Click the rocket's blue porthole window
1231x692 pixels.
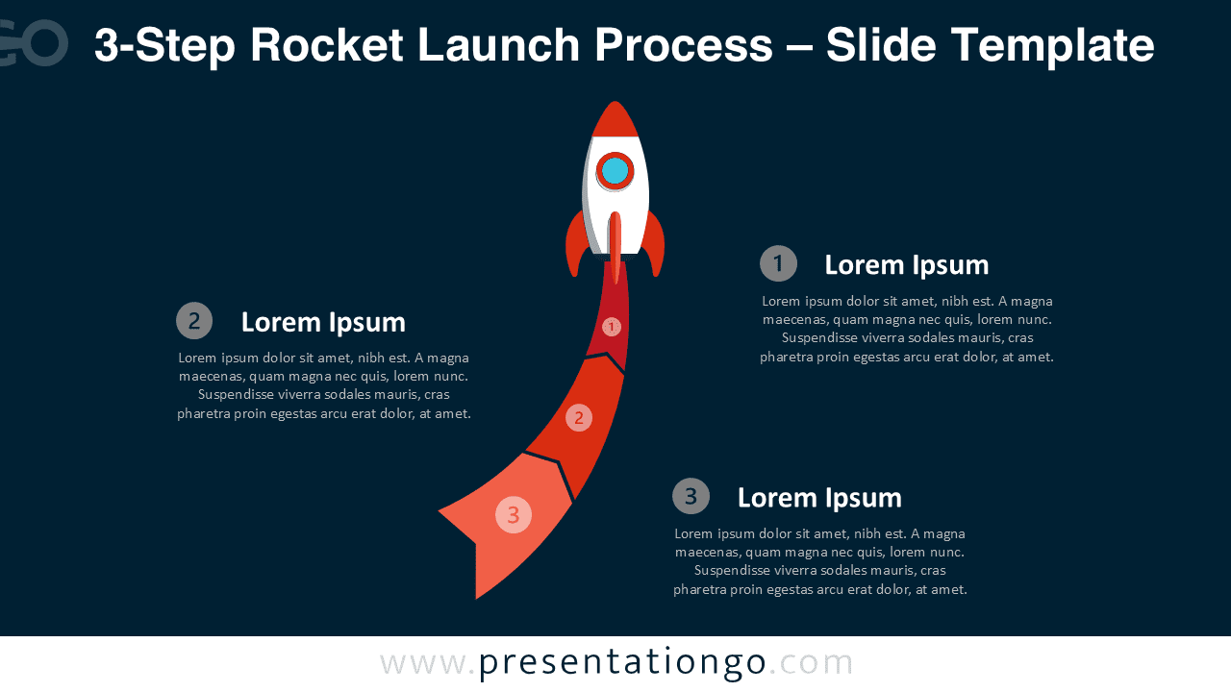615,171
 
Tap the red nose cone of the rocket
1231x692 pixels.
615,119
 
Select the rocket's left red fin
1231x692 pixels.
576,244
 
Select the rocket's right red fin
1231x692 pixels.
654,244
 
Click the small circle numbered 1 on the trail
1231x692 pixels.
611,327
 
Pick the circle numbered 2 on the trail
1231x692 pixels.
579,418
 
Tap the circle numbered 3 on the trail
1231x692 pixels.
514,514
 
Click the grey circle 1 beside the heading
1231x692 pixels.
778,263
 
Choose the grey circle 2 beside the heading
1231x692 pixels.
194,321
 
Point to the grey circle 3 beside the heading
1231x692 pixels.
691,496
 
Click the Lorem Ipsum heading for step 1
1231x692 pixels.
907,265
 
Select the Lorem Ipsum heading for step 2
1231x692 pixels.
323,322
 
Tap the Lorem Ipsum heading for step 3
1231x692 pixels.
819,498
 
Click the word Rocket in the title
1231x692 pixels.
327,45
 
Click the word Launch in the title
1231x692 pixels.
498,45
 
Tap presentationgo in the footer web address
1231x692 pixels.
622,663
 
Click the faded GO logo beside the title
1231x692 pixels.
33,43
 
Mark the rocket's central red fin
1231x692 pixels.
615,247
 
